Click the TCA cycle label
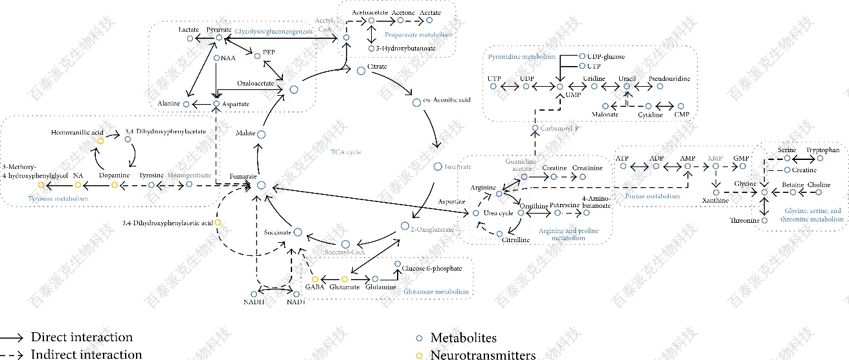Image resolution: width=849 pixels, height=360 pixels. [x=345, y=152]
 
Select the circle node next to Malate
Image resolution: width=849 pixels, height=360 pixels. [x=262, y=134]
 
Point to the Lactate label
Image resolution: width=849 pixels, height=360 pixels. [x=188, y=30]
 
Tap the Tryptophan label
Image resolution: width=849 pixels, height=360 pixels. [x=822, y=150]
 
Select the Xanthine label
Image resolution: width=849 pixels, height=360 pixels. [x=715, y=201]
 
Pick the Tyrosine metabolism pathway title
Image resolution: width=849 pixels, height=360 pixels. [x=58, y=198]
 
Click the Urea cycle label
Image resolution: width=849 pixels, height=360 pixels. [x=498, y=212]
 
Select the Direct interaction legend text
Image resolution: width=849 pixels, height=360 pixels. [x=82, y=337]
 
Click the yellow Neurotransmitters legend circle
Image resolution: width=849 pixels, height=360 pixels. [x=419, y=355]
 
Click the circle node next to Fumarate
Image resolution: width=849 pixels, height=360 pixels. [x=262, y=185]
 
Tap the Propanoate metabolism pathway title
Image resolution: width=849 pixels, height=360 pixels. [x=418, y=34]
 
